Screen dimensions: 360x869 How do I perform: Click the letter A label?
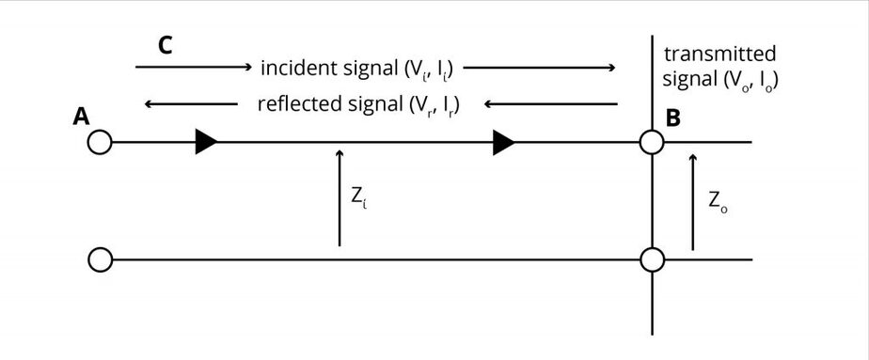pyautogui.click(x=81, y=117)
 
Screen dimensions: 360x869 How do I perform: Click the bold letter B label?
pyautogui.click(x=673, y=118)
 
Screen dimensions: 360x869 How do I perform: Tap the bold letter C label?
pyautogui.click(x=165, y=45)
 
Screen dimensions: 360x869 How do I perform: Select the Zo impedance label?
pyautogui.click(x=718, y=201)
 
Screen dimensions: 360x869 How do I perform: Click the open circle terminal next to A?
pyautogui.click(x=99, y=143)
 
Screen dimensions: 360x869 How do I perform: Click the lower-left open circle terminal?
pyautogui.click(x=99, y=258)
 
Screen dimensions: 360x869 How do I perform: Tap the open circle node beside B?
pyautogui.click(x=651, y=143)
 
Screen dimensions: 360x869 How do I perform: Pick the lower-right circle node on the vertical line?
pyautogui.click(x=651, y=258)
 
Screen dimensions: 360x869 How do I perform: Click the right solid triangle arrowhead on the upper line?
pyautogui.click(x=504, y=143)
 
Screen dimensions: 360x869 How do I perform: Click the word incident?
pyautogui.click(x=293, y=68)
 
